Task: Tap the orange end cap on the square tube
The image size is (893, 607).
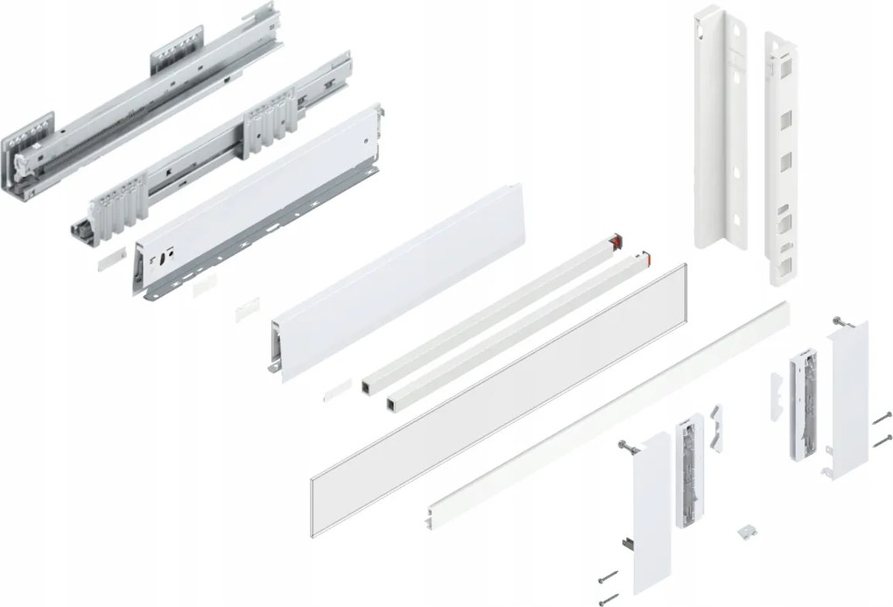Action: pyautogui.click(x=646, y=258)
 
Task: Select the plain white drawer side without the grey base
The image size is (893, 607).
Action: pyautogui.click(x=394, y=280)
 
